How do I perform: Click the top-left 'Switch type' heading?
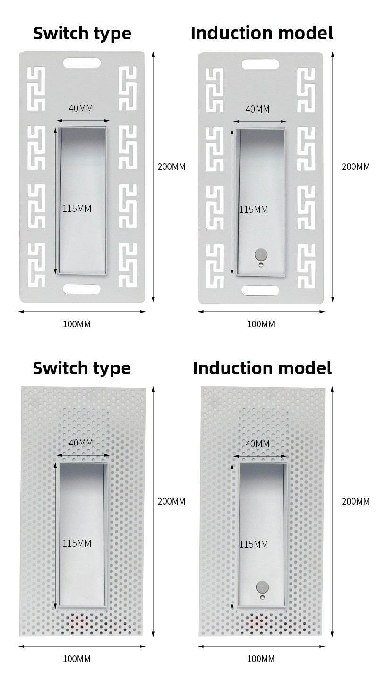(x=82, y=34)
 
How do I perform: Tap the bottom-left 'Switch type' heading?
(x=82, y=369)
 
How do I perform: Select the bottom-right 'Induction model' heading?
(x=262, y=368)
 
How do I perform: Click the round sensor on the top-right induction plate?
(x=260, y=253)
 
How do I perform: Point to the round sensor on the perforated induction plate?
(x=261, y=586)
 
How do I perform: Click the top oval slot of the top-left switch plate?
(x=82, y=63)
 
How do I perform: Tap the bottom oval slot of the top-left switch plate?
(x=82, y=289)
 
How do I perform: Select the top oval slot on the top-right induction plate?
(x=260, y=64)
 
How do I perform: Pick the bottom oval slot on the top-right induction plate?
(x=260, y=290)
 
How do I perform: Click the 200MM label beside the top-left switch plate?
(x=172, y=166)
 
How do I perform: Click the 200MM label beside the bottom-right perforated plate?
(x=355, y=501)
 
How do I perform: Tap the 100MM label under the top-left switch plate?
(x=77, y=324)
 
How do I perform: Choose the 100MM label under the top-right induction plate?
(x=261, y=324)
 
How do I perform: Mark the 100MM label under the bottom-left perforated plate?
(x=77, y=659)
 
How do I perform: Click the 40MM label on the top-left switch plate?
(x=80, y=108)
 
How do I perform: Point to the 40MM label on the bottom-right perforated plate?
(x=258, y=444)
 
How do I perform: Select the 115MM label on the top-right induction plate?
(x=254, y=210)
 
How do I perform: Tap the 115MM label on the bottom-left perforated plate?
(x=77, y=543)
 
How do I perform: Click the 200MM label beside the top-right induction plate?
(x=355, y=166)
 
